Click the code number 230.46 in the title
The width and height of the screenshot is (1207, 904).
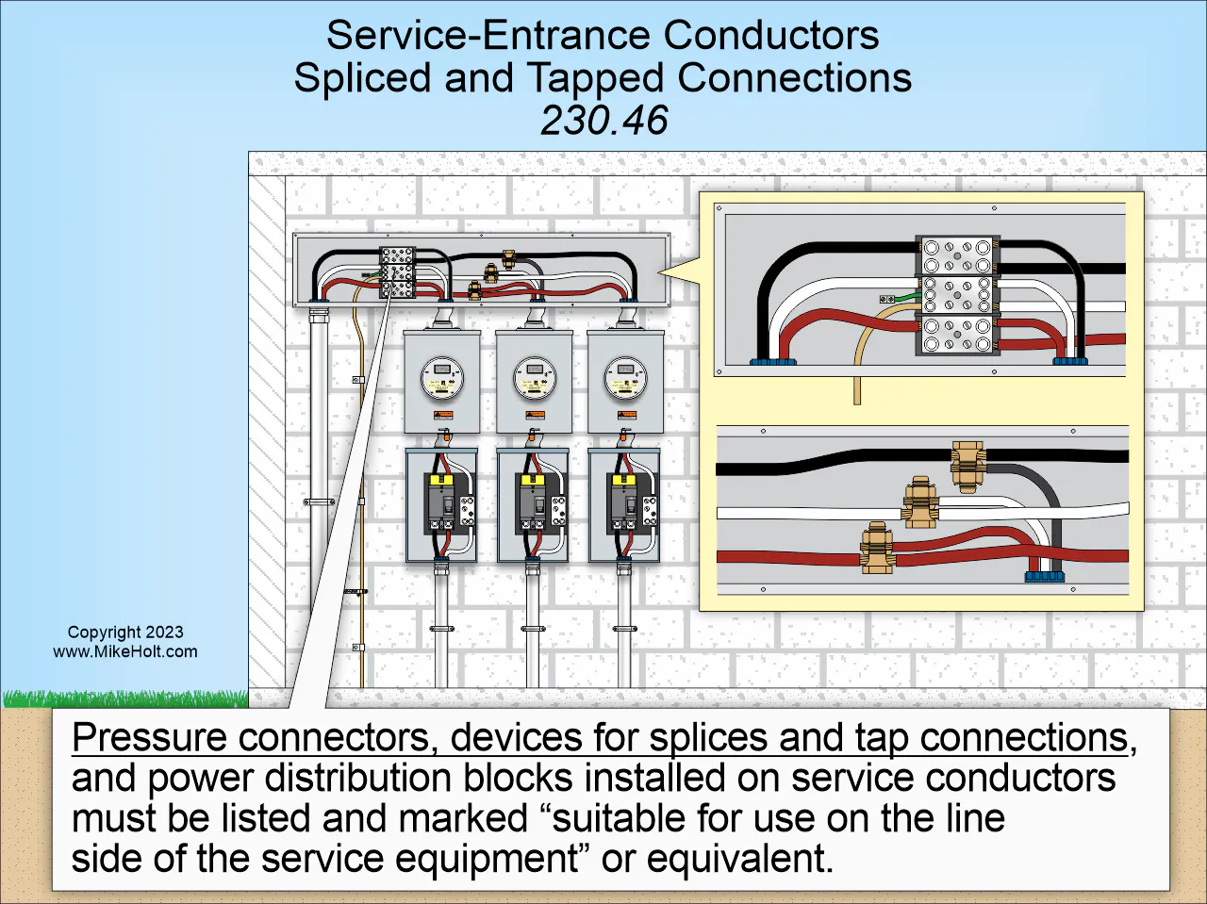pos(603,121)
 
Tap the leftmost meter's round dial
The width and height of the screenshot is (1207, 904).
pos(441,378)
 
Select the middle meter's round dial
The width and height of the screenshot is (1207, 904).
pos(534,378)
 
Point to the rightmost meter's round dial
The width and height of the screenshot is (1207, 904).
pos(625,378)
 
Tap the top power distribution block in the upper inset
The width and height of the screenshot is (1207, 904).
pos(957,255)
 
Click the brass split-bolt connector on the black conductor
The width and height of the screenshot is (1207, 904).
pos(967,465)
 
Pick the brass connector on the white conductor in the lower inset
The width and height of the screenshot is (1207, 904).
pos(919,502)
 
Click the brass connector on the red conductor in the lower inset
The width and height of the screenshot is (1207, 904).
pos(876,550)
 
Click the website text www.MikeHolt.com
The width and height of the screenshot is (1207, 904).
pos(125,651)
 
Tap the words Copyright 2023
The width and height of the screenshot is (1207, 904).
pos(125,633)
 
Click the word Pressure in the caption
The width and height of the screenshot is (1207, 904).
pos(149,737)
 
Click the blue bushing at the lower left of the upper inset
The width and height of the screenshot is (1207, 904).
pos(772,361)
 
